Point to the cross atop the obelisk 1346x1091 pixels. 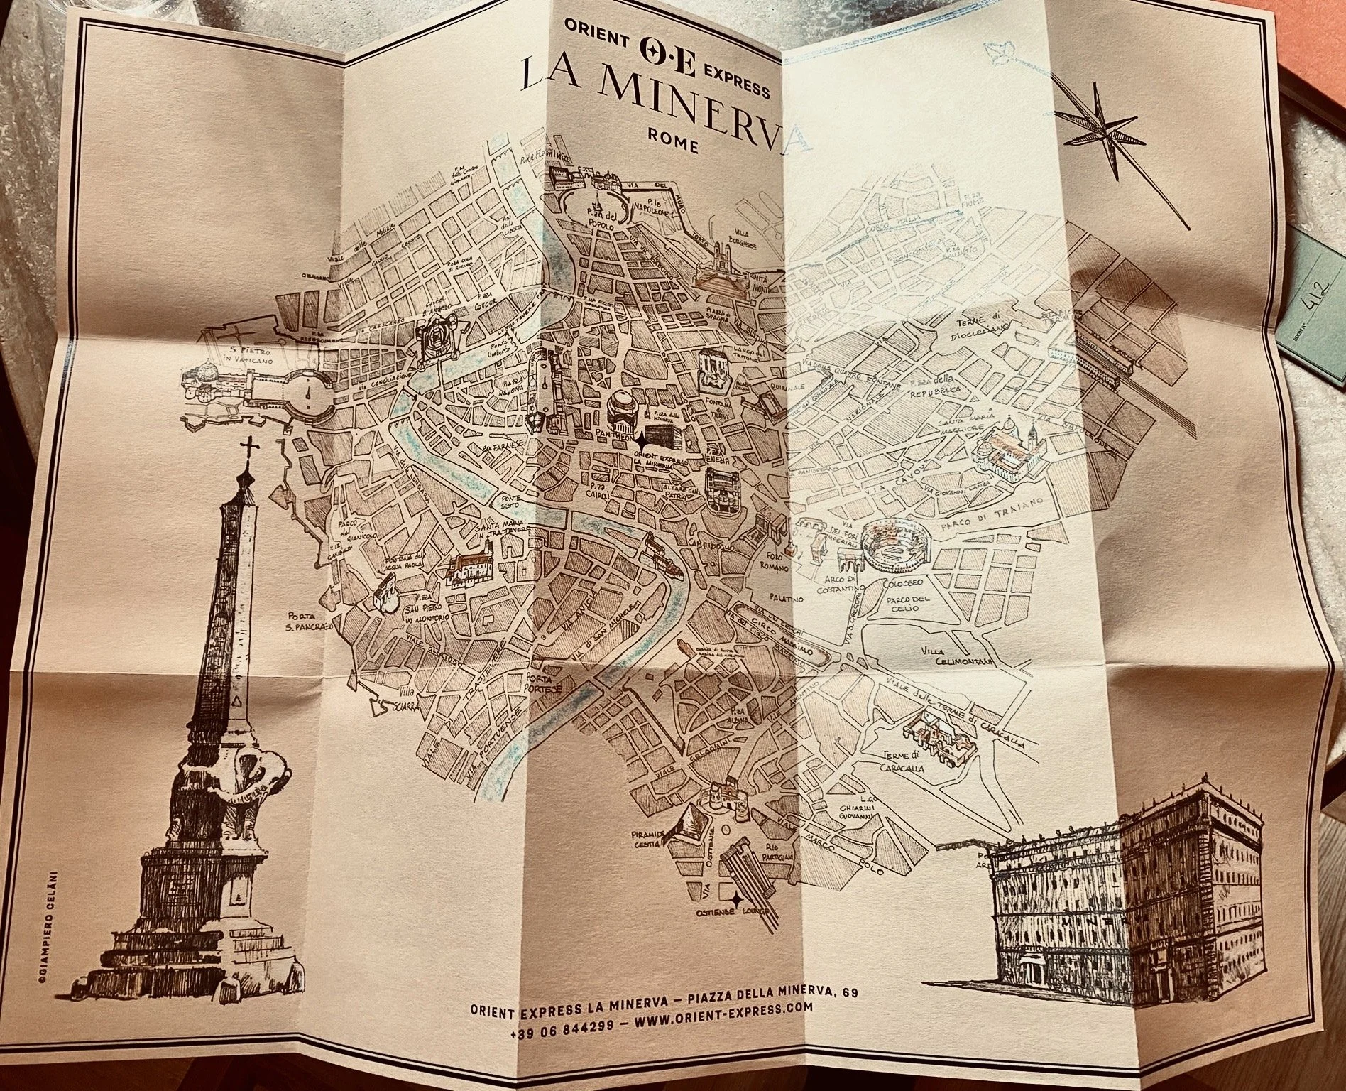(x=248, y=449)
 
